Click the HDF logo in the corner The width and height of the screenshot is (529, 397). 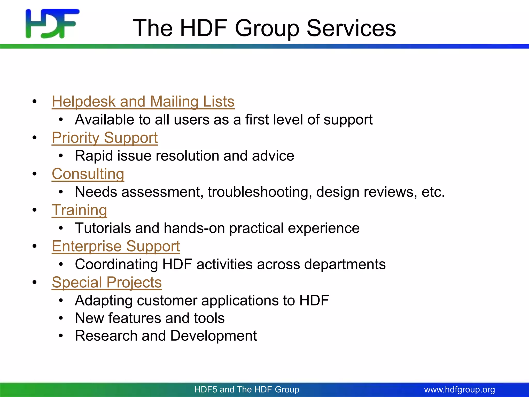52,24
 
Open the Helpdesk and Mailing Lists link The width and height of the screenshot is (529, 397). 143,101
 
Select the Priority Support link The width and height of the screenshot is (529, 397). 105,138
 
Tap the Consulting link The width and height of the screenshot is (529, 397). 88,174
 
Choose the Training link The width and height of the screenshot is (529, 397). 79,210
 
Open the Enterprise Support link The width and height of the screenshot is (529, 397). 116,246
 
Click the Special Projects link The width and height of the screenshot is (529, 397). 107,282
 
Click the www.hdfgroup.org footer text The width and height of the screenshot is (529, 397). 460,390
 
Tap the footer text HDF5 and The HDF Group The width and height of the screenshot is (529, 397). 247,390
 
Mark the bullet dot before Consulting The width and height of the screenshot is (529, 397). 35,174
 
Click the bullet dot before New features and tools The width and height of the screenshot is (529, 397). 61,318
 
